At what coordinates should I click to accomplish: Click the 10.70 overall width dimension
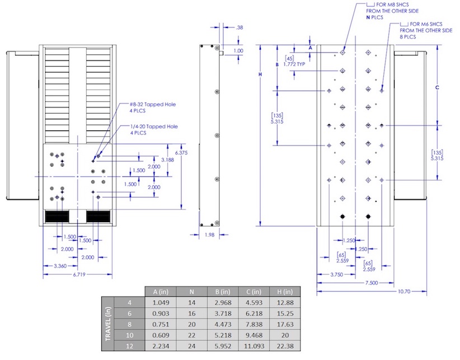(404, 291)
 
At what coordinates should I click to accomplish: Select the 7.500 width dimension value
(372, 283)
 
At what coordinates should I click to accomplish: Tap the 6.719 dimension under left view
(79, 275)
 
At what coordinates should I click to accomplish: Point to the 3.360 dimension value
(60, 266)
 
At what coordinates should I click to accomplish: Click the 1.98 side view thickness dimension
(209, 235)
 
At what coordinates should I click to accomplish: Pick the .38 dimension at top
(240, 27)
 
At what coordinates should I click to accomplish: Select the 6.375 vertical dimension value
(181, 153)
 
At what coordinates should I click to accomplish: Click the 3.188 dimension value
(167, 160)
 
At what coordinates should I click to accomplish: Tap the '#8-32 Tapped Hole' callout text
(153, 105)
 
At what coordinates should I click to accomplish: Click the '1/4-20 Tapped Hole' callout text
(154, 127)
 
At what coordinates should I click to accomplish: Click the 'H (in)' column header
(285, 292)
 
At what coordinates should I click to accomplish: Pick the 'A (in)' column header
(161, 292)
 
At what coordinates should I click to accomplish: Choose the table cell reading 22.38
(285, 346)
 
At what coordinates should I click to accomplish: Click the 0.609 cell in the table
(161, 335)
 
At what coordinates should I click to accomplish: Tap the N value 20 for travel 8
(192, 324)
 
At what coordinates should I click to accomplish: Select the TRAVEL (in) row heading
(108, 324)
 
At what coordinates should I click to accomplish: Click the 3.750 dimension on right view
(336, 275)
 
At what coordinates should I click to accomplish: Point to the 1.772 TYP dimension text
(294, 64)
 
